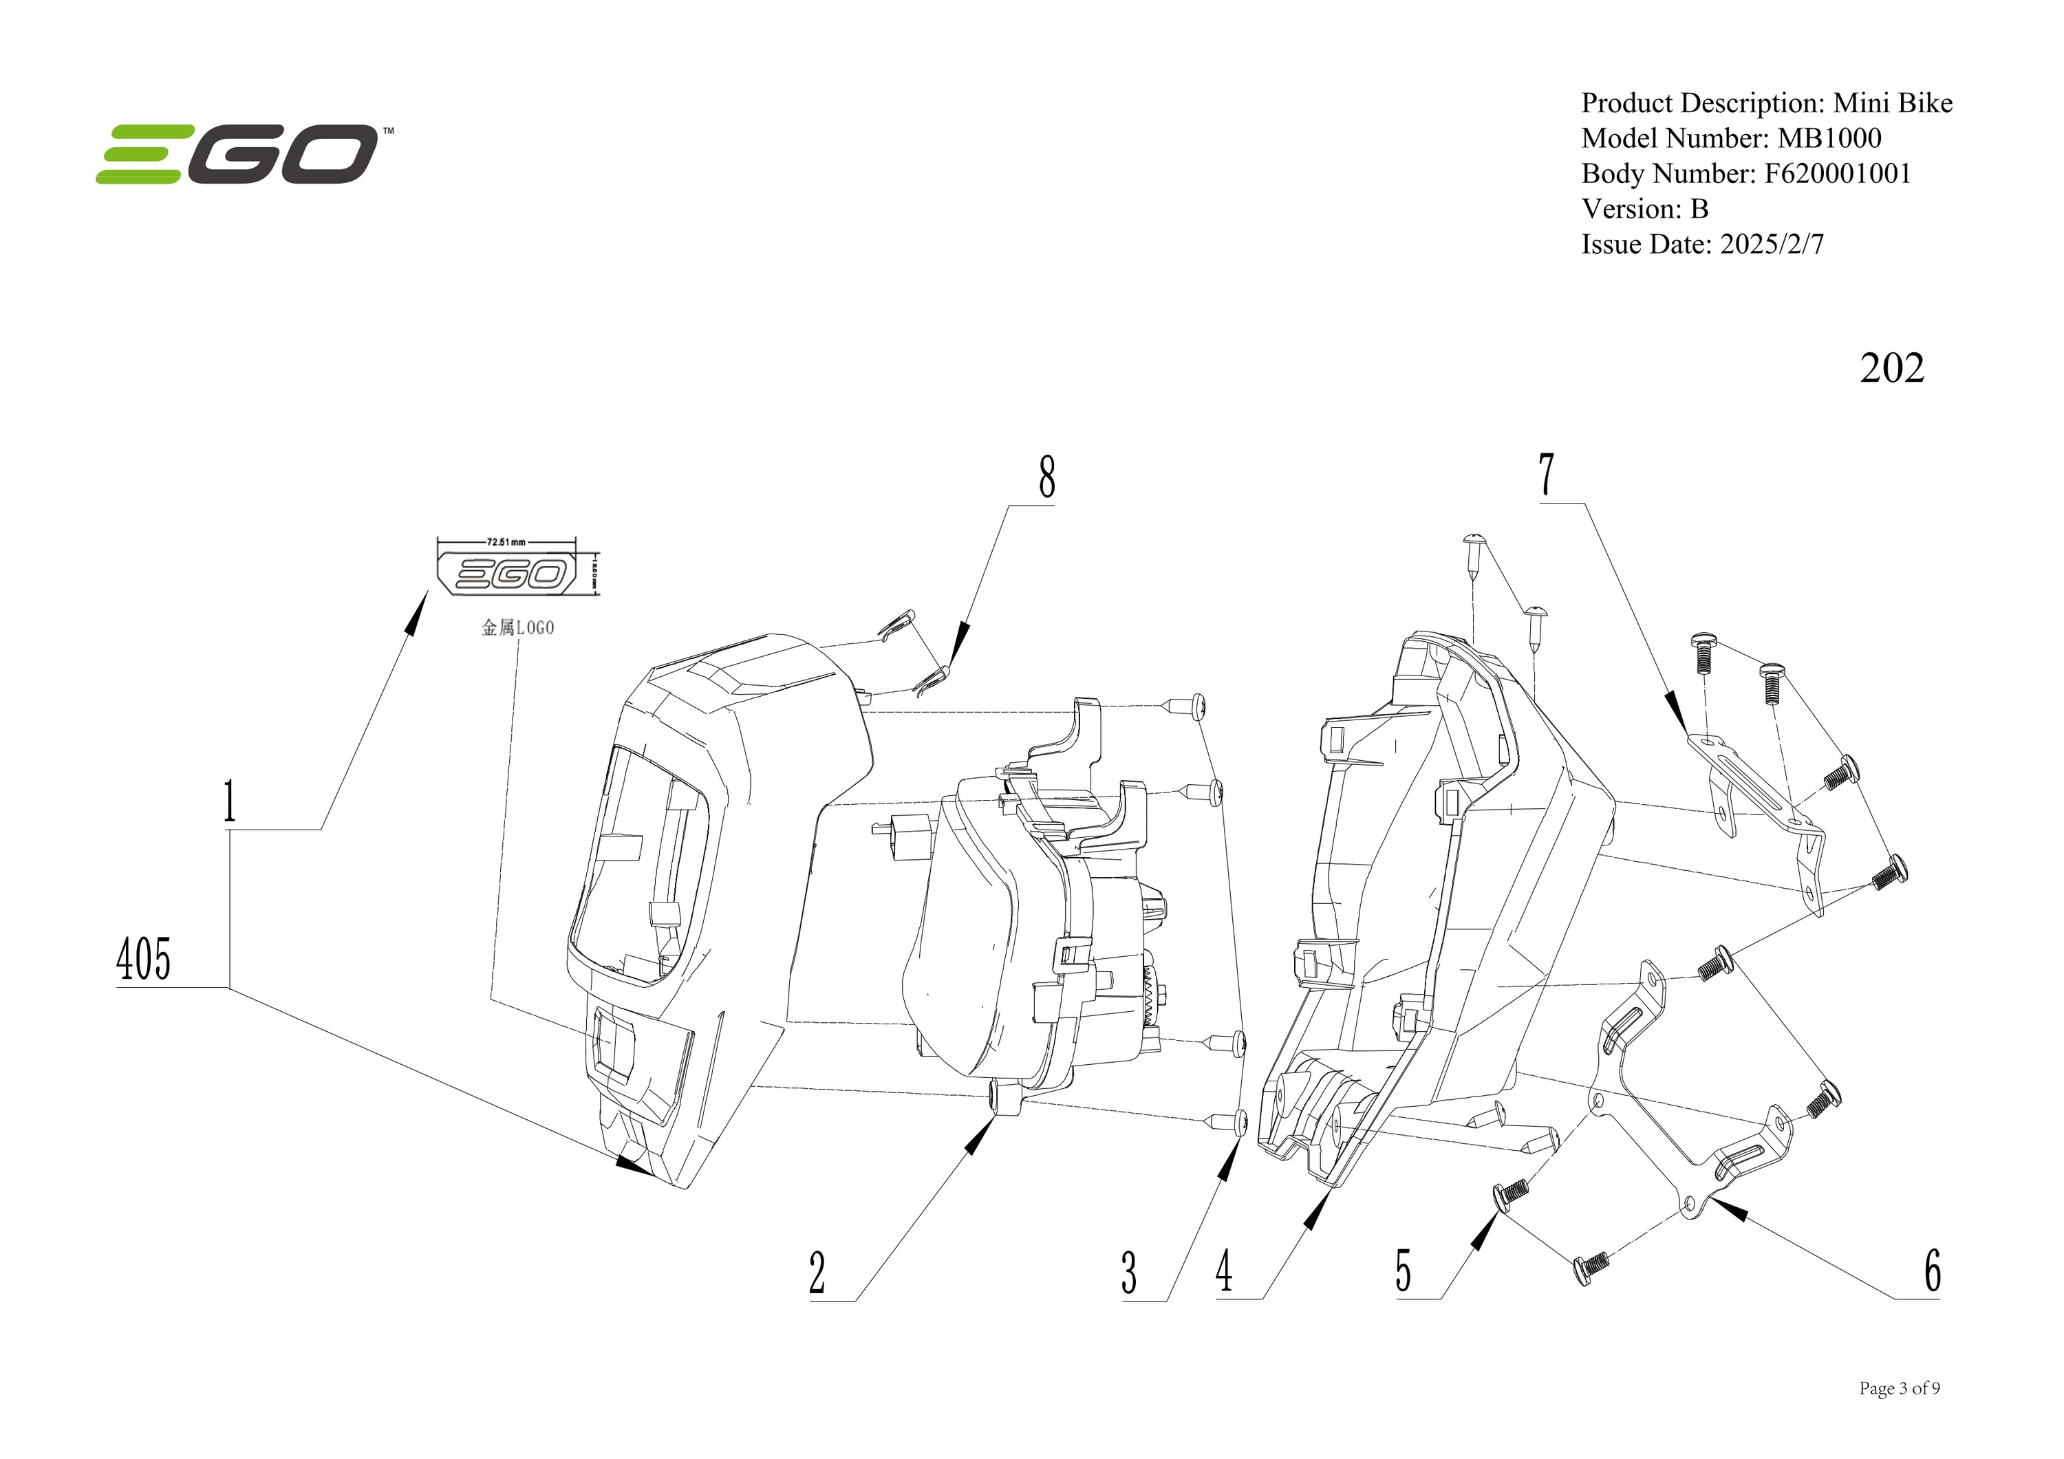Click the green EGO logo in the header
238,153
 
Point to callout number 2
816,1272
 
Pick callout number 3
1129,1273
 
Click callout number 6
1932,1271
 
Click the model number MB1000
1829,138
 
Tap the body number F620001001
1838,173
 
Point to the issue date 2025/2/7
1772,244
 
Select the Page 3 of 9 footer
1899,1389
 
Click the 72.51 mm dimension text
506,542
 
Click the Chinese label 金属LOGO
518,627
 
